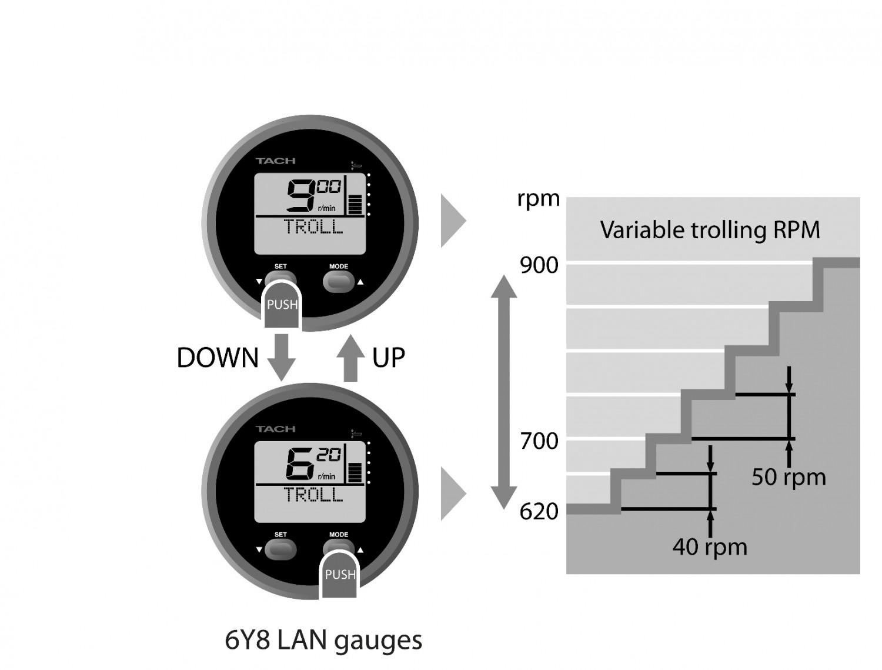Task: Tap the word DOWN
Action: tap(218, 358)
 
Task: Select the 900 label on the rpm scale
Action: tap(539, 266)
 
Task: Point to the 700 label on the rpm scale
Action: tap(539, 441)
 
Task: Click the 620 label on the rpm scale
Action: tap(539, 512)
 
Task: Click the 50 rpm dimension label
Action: tap(789, 476)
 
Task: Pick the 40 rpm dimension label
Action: tap(710, 547)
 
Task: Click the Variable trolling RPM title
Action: tap(710, 230)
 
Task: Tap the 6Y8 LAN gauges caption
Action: tap(323, 640)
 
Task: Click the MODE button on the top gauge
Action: tap(339, 282)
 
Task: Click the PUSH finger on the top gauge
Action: tap(282, 305)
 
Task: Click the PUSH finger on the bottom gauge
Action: tap(340, 575)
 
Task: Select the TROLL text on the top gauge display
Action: tap(313, 226)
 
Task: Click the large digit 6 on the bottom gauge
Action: tap(300, 464)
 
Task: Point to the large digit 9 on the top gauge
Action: tap(300, 196)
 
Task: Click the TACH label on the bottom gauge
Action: tap(275, 429)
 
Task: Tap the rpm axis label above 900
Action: tap(538, 198)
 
